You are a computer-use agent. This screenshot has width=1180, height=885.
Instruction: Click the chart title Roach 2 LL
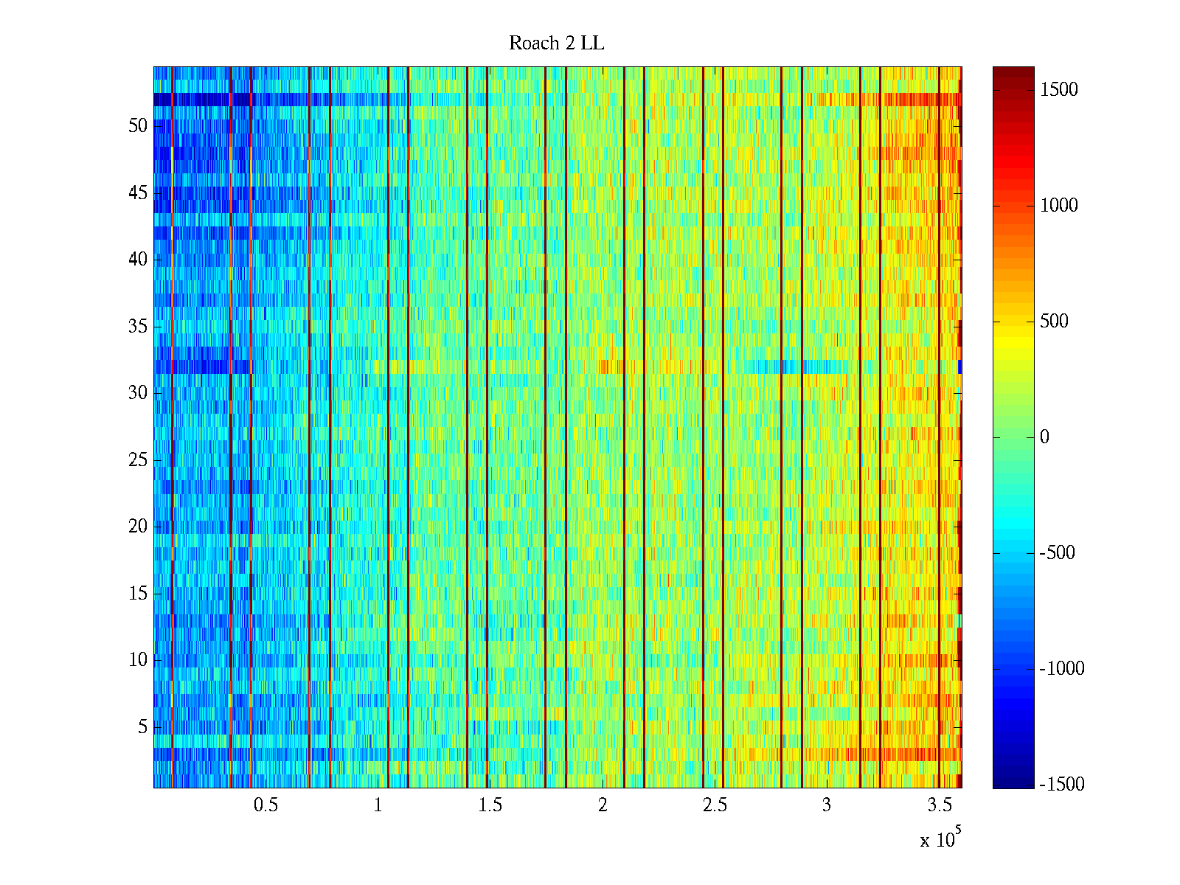[556, 44]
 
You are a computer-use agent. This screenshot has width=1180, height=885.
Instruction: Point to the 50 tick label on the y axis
[138, 126]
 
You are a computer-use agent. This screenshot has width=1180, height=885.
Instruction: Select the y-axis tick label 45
[138, 193]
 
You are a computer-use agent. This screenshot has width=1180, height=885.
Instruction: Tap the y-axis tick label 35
[138, 327]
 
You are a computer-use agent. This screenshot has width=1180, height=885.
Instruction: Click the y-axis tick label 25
[138, 460]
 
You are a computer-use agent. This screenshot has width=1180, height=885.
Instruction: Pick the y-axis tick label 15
[138, 594]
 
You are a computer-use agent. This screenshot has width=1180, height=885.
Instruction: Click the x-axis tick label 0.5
[265, 805]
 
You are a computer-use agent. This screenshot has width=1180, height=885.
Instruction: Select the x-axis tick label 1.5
[490, 805]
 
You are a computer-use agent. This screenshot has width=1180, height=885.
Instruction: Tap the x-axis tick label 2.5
[714, 805]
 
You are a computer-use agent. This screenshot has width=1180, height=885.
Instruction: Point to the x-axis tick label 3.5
[938, 805]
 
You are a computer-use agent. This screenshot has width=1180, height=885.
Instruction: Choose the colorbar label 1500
[1059, 90]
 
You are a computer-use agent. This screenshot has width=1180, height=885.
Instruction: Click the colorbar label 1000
[1059, 206]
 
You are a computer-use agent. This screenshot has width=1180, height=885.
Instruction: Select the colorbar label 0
[1044, 437]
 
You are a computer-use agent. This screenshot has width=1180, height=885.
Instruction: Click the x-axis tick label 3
[826, 805]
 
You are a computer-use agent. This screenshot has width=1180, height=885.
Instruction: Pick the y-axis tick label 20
[138, 527]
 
